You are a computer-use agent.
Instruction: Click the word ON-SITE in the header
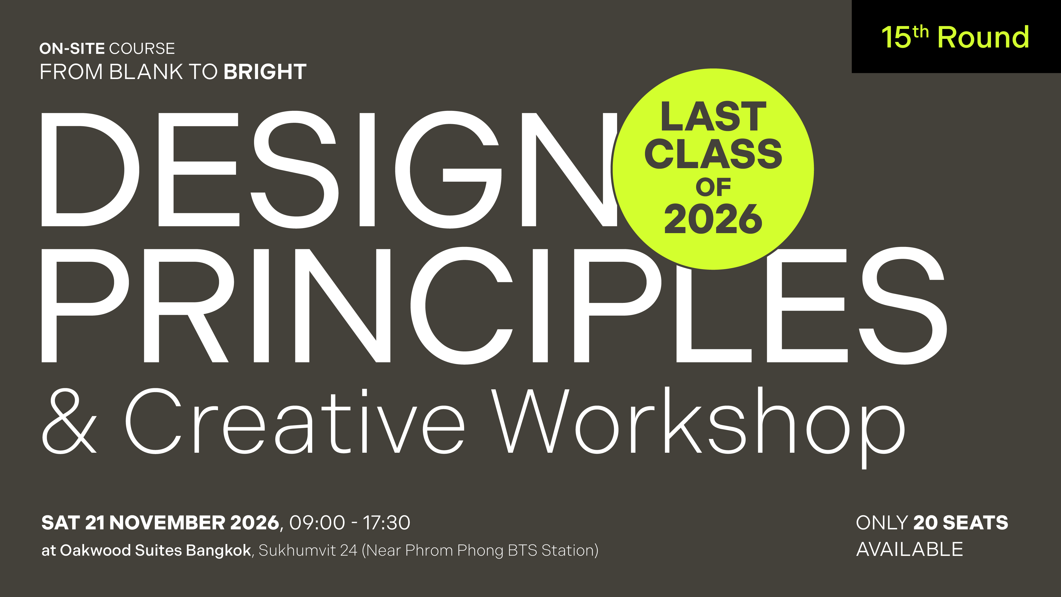pyautogui.click(x=72, y=49)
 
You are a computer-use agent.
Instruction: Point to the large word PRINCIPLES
pyautogui.click(x=494, y=305)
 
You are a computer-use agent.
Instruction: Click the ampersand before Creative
pyautogui.click(x=69, y=421)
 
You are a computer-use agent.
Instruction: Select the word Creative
pyautogui.click(x=295, y=421)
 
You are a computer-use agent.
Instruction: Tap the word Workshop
pyautogui.click(x=698, y=426)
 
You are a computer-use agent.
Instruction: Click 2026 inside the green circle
pyautogui.click(x=713, y=219)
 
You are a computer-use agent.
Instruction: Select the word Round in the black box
pyautogui.click(x=983, y=37)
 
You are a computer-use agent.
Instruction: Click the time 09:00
pyautogui.click(x=317, y=523)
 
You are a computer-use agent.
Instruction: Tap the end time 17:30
pyautogui.click(x=386, y=523)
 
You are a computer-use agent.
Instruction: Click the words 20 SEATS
pyautogui.click(x=960, y=523)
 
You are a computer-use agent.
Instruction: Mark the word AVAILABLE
pyautogui.click(x=909, y=550)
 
